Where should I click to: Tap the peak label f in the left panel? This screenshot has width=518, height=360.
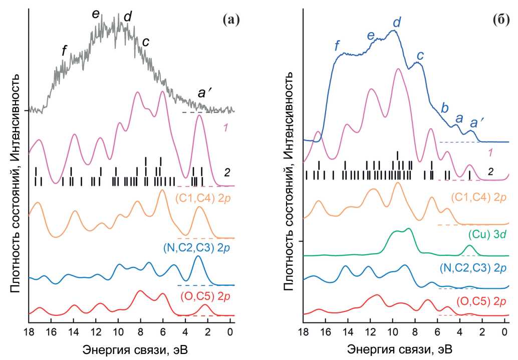(64, 50)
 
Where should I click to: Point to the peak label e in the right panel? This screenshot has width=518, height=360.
(371, 36)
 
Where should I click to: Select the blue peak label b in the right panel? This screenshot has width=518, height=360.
(443, 107)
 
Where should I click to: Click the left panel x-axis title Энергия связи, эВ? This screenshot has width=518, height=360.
(129, 348)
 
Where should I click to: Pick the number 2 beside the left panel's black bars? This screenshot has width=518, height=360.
(226, 172)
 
